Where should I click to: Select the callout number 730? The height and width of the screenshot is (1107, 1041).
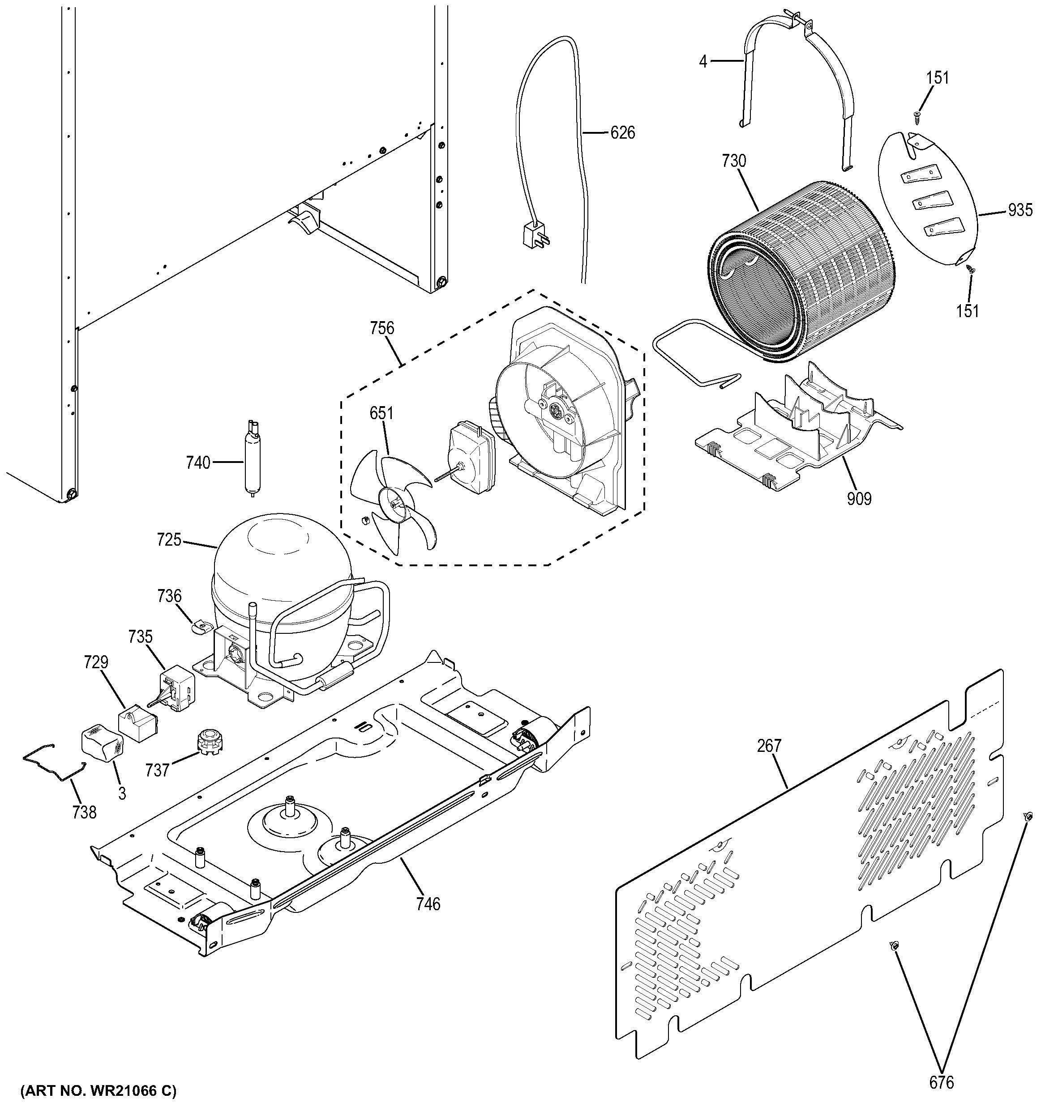point(733,161)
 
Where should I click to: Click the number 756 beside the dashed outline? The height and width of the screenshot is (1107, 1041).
point(382,329)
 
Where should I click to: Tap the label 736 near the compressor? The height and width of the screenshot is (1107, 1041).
point(169,596)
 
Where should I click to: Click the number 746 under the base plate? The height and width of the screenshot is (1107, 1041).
point(428,903)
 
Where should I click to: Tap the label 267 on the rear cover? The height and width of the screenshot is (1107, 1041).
point(769,745)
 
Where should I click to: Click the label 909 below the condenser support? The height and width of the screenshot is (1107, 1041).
point(859,498)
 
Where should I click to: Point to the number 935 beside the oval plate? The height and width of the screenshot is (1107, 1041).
point(1020,210)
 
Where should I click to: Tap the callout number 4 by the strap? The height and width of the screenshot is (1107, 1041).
point(703,61)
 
